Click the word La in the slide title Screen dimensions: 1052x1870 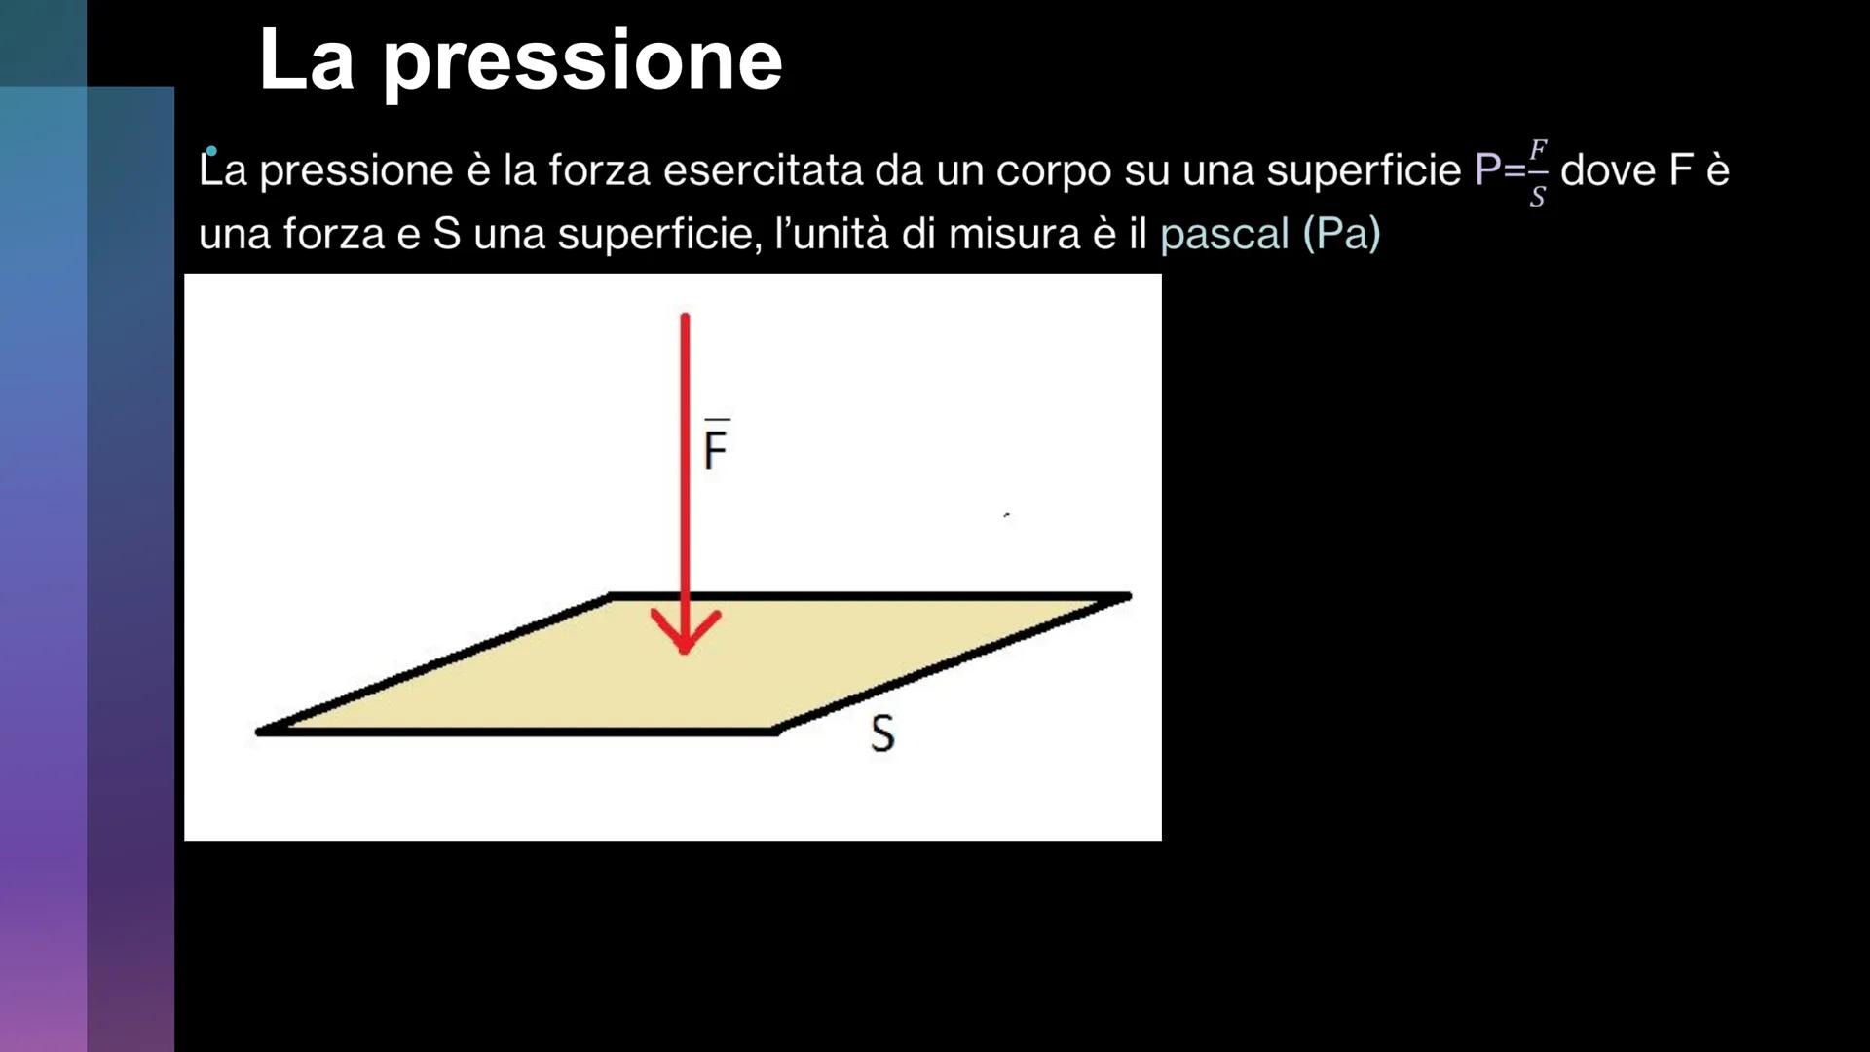pos(306,60)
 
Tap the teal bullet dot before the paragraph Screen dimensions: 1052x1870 pos(211,152)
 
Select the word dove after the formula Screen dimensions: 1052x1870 pos(1607,170)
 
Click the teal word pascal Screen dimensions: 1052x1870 pos(1224,234)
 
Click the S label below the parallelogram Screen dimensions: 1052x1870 pos(882,733)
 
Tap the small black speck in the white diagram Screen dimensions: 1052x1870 pos(1007,515)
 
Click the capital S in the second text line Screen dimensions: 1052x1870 pos(447,234)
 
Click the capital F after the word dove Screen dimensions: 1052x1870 pos(1681,170)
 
